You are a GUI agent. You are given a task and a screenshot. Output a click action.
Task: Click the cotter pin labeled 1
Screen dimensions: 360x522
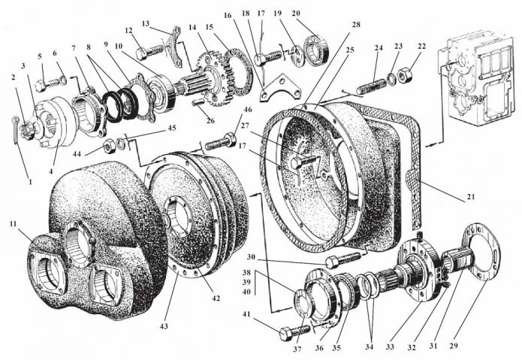point(19,122)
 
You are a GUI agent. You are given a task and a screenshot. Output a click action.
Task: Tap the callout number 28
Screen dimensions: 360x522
point(355,25)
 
